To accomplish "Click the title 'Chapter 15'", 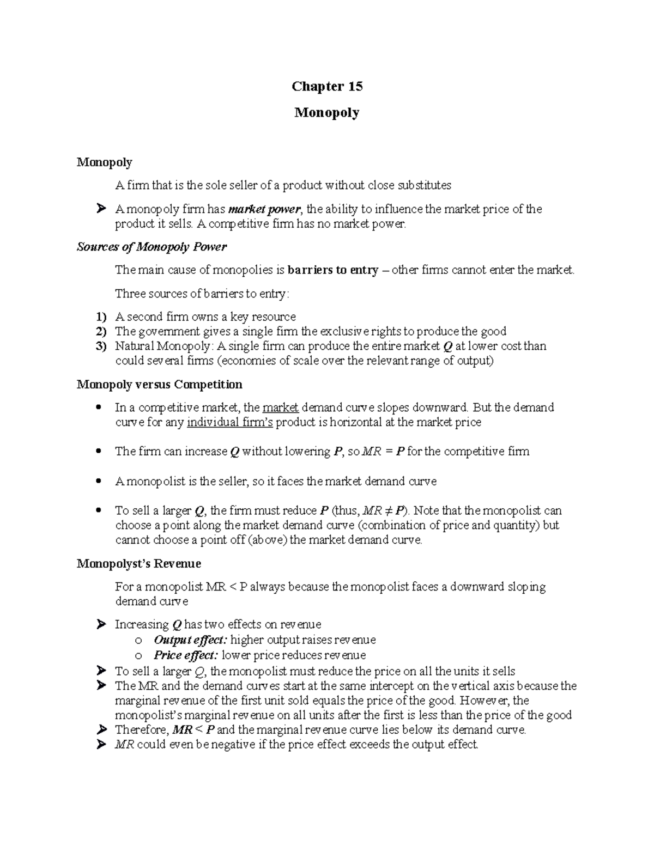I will click(x=327, y=87).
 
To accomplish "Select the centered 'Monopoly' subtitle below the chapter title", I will click(x=327, y=113).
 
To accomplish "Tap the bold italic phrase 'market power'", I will click(x=264, y=209).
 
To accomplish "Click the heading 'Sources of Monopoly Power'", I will click(x=152, y=247).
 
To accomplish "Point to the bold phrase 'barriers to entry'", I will click(x=332, y=270).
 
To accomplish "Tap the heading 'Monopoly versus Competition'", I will click(x=159, y=385).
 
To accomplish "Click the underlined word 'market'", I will click(x=280, y=408).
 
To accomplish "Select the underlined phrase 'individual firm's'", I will click(x=230, y=423).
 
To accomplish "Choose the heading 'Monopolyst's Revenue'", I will click(x=139, y=563).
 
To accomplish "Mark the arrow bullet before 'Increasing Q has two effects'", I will click(x=100, y=624).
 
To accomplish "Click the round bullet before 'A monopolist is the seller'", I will click(x=98, y=482).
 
